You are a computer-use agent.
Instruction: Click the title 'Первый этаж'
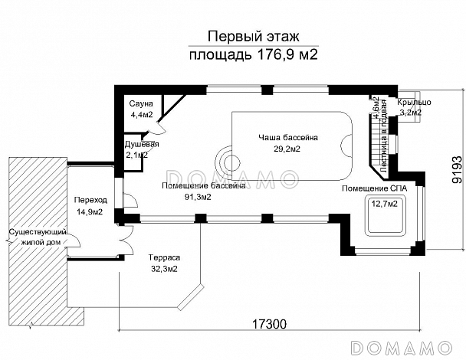(x=252, y=36)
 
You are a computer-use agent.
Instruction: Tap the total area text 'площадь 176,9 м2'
(x=252, y=54)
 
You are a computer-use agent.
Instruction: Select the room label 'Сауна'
(x=141, y=103)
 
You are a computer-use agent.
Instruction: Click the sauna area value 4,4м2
(x=141, y=115)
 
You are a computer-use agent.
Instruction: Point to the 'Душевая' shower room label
(x=142, y=144)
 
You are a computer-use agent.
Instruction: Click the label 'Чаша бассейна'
(x=289, y=137)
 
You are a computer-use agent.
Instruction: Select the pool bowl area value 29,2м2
(x=289, y=149)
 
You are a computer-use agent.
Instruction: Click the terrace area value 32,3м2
(x=163, y=270)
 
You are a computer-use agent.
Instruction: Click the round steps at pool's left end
(x=228, y=162)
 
